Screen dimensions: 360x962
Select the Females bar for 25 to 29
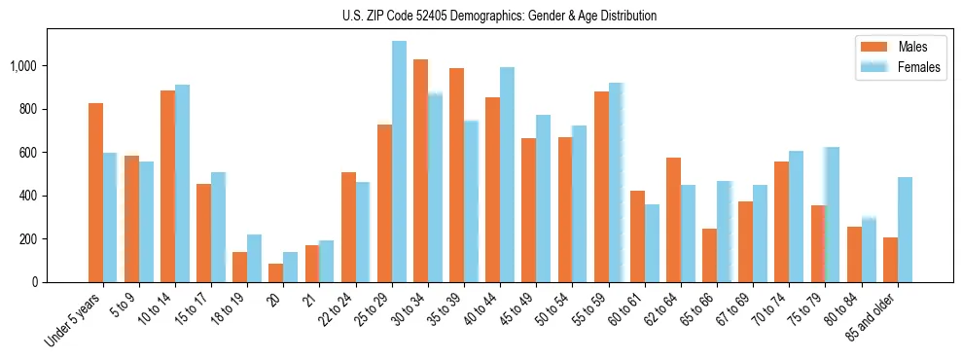tap(399, 162)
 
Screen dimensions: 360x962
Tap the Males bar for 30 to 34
tap(420, 170)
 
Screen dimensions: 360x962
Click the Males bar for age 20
tap(276, 272)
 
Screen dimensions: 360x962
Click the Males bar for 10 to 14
tap(167, 186)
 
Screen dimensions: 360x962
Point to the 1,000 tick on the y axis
tap(25, 66)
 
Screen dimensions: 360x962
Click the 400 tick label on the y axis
tap(30, 196)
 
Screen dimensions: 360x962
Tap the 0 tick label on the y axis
tap(36, 282)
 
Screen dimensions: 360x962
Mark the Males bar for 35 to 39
tap(456, 175)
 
